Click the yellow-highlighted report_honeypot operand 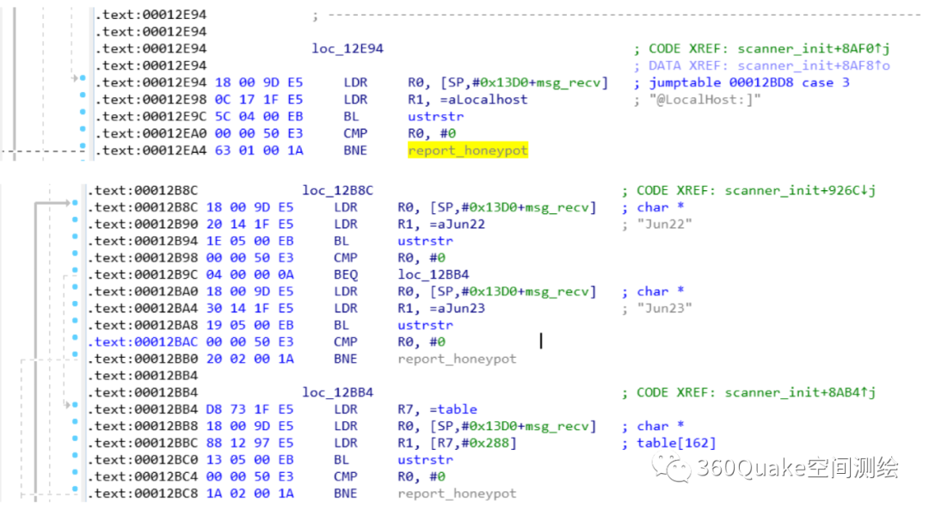point(467,151)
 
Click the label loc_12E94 point(348,48)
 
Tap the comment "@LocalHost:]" point(704,100)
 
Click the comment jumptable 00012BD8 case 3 point(749,83)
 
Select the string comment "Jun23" point(664,309)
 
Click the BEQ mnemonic point(346,275)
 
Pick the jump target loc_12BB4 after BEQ point(433,275)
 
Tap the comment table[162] point(676,443)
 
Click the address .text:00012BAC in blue point(143,342)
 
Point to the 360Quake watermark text point(797,468)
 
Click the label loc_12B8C point(338,191)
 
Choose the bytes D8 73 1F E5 point(250,409)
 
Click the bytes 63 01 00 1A point(259,151)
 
